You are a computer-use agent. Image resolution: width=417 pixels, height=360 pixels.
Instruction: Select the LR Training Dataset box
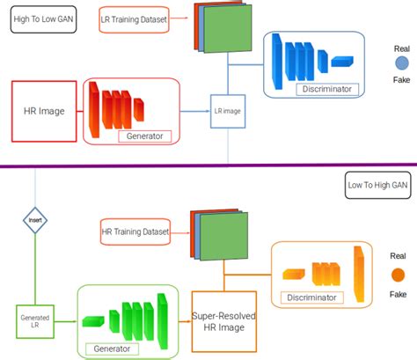click(x=130, y=18)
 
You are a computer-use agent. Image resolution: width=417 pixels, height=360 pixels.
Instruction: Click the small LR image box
click(x=227, y=112)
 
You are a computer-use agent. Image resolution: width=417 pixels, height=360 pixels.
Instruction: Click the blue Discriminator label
click(x=325, y=88)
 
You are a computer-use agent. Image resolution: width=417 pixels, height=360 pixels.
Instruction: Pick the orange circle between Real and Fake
click(x=399, y=280)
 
